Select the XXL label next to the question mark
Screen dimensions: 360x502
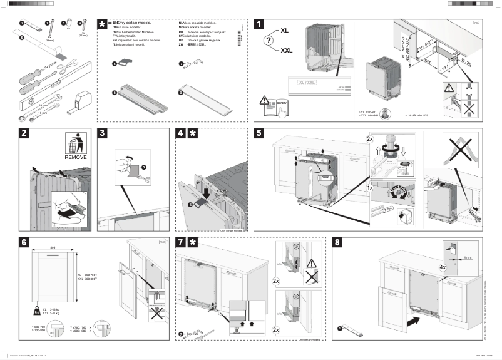click(x=286, y=50)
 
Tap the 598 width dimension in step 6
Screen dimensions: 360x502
click(x=53, y=247)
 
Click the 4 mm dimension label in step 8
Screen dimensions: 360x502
click(x=468, y=255)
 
